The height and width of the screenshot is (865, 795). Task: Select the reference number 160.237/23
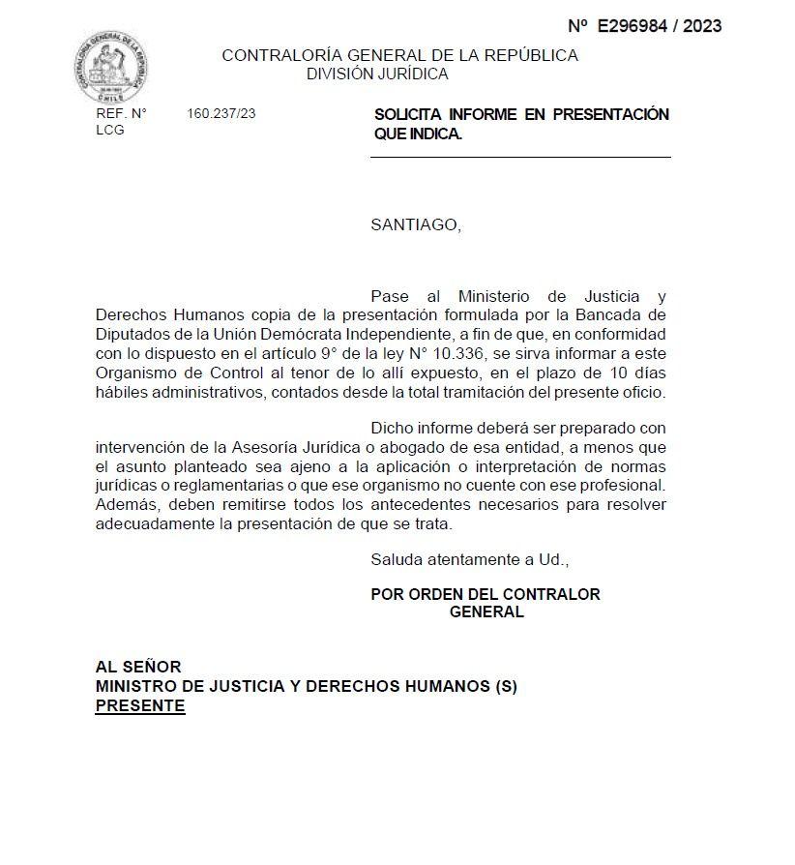(x=221, y=114)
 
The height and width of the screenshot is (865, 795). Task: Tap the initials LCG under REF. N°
(x=110, y=130)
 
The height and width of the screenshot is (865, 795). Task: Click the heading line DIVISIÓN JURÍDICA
(x=377, y=74)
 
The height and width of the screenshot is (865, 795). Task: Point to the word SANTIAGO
(x=415, y=225)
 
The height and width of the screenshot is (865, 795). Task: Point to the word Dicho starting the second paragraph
(x=393, y=428)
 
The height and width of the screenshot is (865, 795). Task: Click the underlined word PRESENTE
(x=139, y=705)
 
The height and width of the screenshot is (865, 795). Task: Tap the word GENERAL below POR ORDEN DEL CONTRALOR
(x=486, y=611)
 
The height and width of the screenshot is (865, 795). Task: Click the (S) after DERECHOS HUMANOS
(x=506, y=686)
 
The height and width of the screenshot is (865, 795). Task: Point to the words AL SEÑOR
(x=138, y=667)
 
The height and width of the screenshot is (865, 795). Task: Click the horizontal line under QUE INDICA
(x=520, y=157)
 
